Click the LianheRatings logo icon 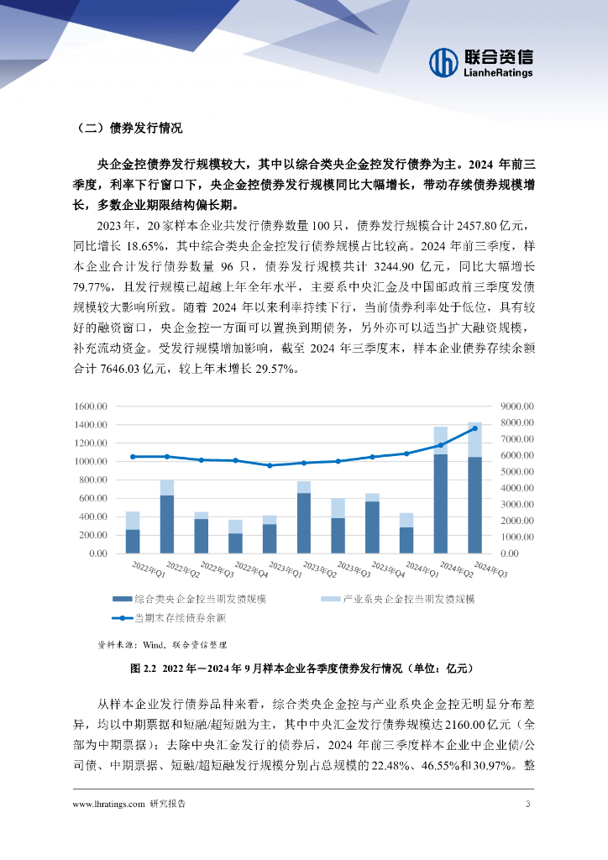point(443,62)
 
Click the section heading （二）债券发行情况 point(128,128)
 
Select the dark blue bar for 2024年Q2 point(440,503)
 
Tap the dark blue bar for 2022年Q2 point(167,524)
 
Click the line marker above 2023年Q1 point(270,465)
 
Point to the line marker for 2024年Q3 point(474,428)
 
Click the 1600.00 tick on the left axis point(92,406)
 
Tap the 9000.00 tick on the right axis point(516,406)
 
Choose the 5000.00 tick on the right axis point(516,471)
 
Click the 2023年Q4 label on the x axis point(390,569)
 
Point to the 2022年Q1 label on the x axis point(149,569)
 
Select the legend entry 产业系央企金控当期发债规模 point(408,599)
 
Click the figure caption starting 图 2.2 point(303,669)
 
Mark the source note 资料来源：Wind point(162,645)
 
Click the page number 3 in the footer point(527,804)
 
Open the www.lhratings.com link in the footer point(109,804)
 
